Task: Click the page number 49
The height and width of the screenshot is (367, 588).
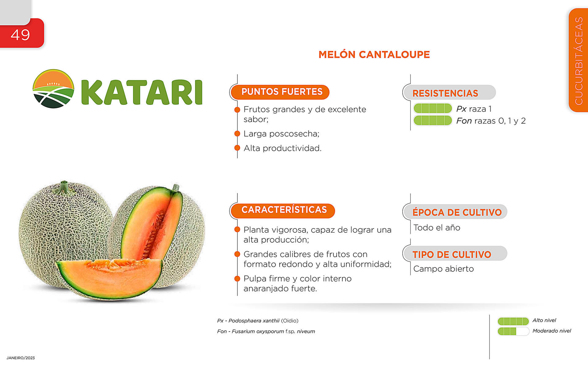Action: [20, 35]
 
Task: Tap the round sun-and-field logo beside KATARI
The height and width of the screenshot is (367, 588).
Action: [53, 89]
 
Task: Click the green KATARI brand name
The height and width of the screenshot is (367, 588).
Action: [142, 92]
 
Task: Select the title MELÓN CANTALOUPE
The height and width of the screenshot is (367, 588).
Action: [374, 54]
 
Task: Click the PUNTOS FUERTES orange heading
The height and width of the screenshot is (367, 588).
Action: [282, 92]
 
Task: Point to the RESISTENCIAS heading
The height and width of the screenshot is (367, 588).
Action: [445, 93]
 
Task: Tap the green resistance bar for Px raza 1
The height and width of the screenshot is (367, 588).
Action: [433, 109]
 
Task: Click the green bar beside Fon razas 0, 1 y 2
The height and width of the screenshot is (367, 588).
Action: [433, 120]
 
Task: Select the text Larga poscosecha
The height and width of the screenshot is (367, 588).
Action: [281, 134]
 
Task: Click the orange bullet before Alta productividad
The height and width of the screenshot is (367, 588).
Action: [237, 148]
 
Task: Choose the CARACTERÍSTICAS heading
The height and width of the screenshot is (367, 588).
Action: [284, 210]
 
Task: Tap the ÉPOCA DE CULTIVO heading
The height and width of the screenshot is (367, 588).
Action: [457, 212]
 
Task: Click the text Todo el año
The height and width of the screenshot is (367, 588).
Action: [437, 228]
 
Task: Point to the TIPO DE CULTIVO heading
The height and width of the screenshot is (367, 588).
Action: [452, 254]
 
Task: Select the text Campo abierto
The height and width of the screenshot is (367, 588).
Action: [443, 269]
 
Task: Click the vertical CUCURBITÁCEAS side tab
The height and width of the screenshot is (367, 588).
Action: [579, 60]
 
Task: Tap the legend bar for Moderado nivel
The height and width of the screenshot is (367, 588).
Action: [513, 331]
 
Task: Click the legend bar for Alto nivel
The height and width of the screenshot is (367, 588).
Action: [513, 321]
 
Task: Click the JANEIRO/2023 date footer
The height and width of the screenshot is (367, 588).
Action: [21, 358]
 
